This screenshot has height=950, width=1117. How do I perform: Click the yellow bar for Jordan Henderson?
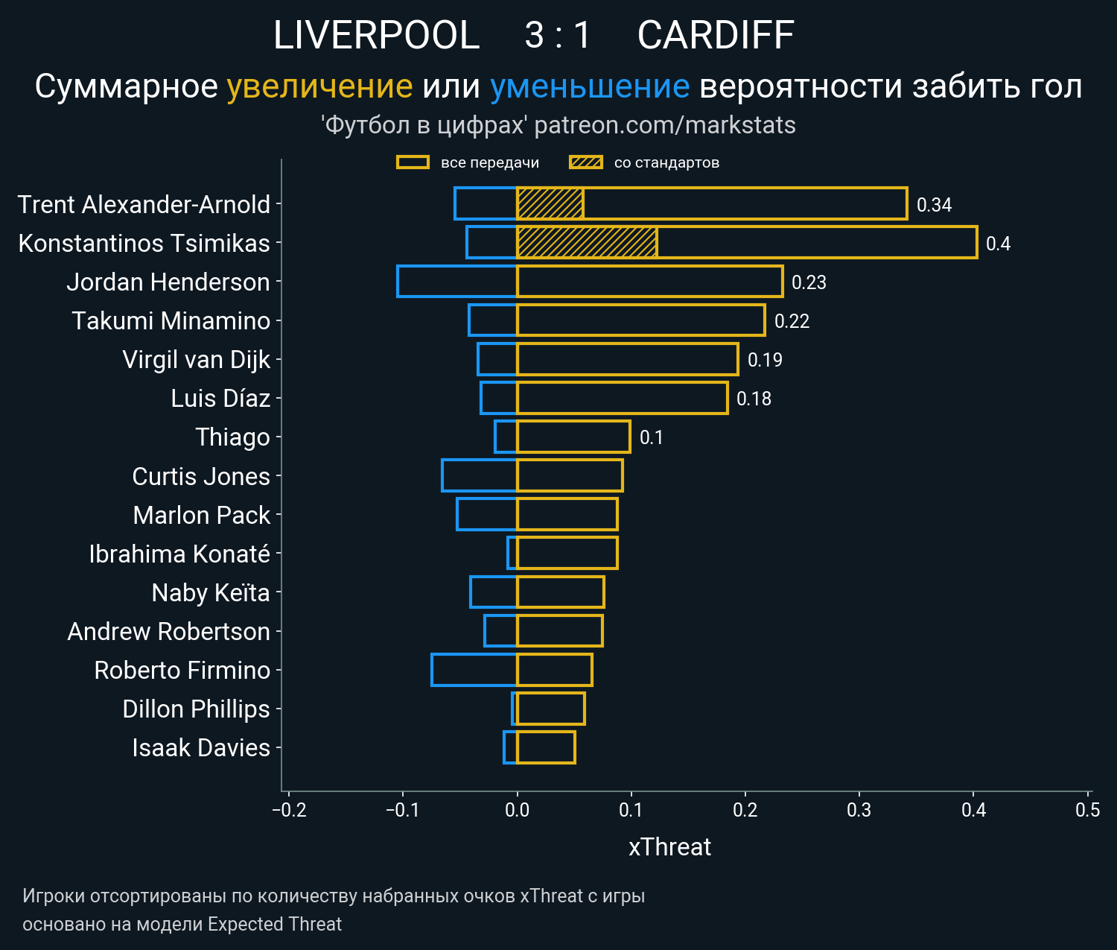click(649, 282)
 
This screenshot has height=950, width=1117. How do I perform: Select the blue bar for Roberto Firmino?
click(474, 670)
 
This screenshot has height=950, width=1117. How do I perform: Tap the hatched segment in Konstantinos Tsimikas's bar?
click(587, 243)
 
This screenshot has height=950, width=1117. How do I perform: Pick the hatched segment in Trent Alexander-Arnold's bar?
click(550, 204)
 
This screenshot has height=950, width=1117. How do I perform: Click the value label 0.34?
click(934, 205)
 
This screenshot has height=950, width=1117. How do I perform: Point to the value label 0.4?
click(998, 244)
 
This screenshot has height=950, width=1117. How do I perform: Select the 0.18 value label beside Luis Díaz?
click(754, 399)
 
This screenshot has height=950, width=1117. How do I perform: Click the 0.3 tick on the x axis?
click(859, 810)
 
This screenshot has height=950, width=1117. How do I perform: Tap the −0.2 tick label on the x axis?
click(289, 810)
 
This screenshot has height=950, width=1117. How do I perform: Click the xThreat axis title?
click(669, 847)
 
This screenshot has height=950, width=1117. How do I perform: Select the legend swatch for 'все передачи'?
click(413, 162)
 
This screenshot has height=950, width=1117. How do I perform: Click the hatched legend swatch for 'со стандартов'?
click(585, 162)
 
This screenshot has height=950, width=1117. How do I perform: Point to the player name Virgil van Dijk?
click(196, 360)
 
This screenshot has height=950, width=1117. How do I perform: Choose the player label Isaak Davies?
click(200, 748)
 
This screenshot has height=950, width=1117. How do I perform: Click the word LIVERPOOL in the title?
click(376, 35)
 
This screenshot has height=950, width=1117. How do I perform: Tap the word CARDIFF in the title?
click(716, 35)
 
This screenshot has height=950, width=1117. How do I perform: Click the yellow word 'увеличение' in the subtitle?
click(319, 86)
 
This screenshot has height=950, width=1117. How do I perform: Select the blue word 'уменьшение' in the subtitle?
click(590, 86)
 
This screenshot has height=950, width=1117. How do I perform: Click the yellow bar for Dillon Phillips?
click(550, 709)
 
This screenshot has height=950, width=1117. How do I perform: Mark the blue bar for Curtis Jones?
click(480, 476)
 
